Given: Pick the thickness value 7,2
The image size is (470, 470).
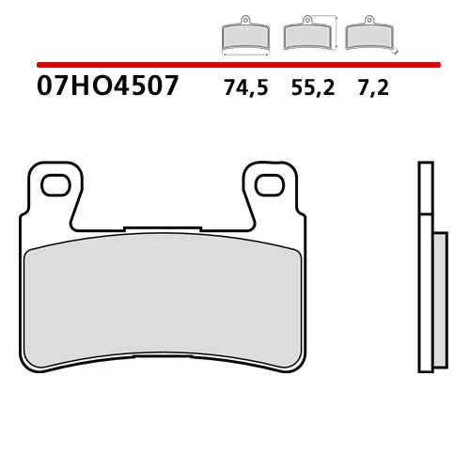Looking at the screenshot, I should (372, 90).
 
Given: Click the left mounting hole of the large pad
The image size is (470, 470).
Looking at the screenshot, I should (55, 184).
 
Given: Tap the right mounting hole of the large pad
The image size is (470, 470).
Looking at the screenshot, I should (271, 184).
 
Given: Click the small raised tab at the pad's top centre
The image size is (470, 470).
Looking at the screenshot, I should (163, 227).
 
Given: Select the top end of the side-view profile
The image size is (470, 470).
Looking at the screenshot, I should (426, 165).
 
